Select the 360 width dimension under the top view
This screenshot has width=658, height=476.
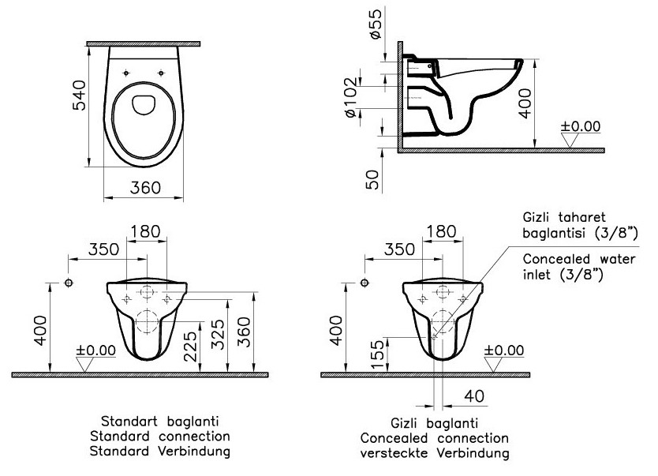(145, 187)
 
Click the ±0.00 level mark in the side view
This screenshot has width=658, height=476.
(580, 126)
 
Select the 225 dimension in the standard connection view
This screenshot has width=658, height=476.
(190, 346)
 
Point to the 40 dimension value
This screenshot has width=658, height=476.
(473, 395)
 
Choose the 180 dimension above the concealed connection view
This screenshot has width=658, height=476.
(440, 231)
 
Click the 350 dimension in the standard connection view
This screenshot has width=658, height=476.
(103, 249)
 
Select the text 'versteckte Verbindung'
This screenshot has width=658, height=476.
(435, 453)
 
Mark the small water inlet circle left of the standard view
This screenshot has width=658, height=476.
(69, 283)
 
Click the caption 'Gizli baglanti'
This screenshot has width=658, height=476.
(434, 424)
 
